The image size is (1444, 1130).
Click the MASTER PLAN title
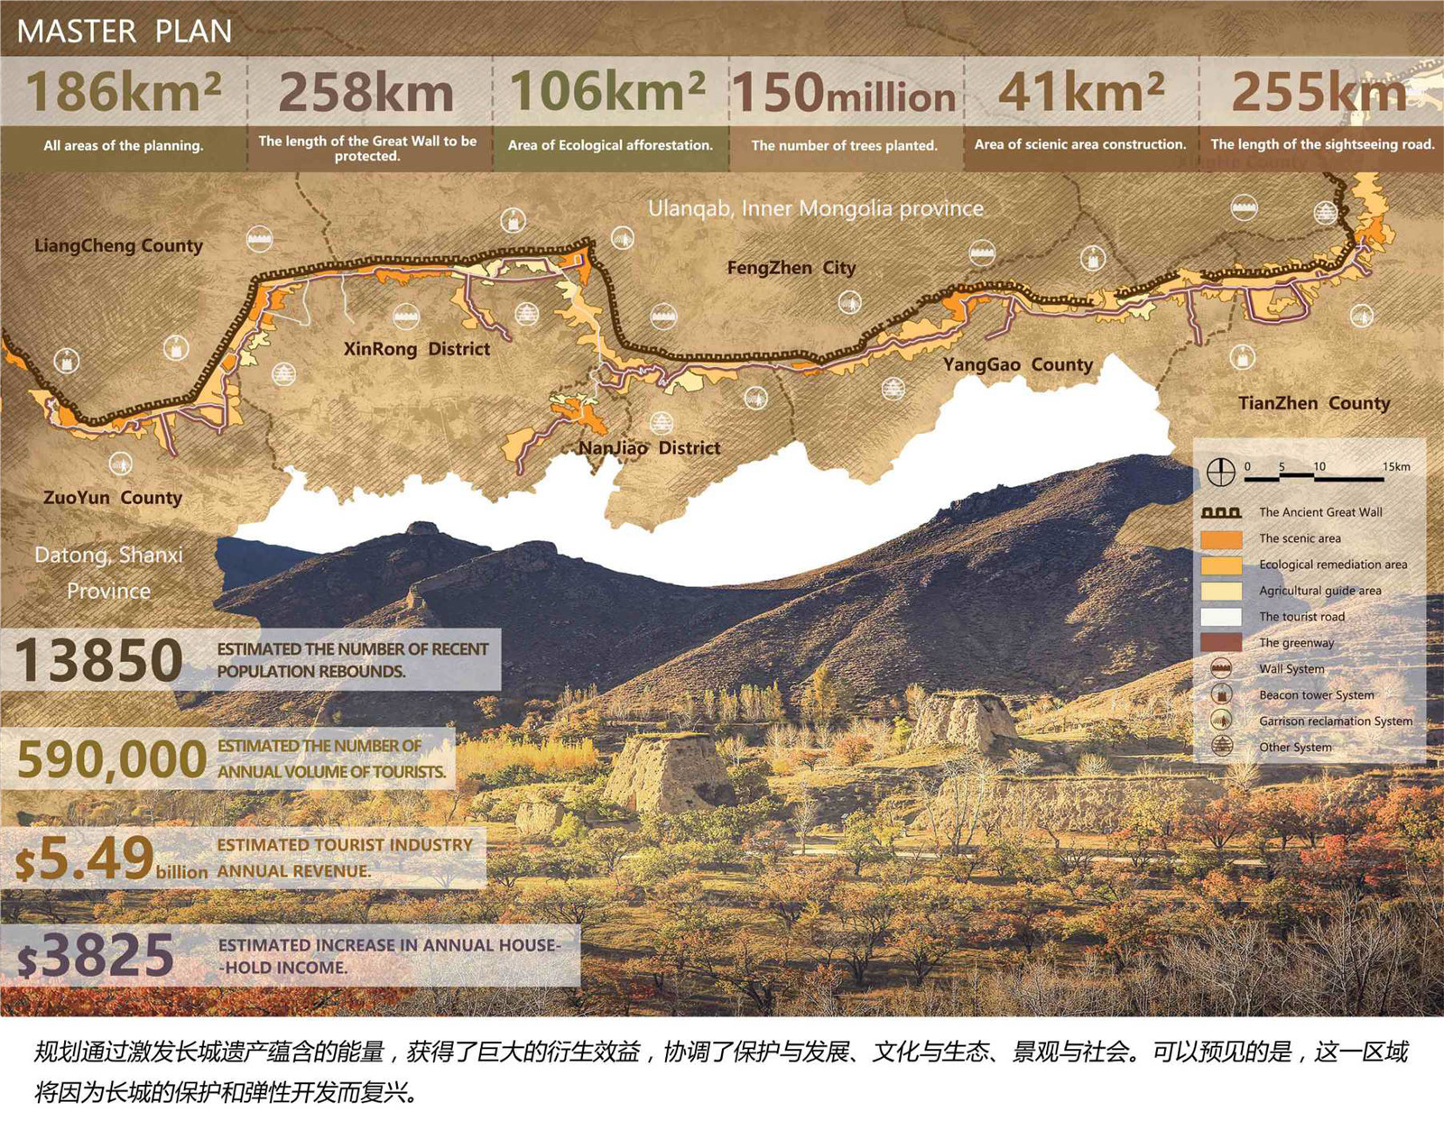(x=125, y=32)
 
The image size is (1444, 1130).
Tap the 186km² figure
(x=124, y=92)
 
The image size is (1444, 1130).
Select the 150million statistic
(x=844, y=94)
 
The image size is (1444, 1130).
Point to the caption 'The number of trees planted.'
(x=844, y=145)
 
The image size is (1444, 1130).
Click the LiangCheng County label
(x=118, y=245)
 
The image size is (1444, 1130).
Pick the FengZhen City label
(x=791, y=268)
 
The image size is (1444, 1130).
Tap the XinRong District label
(x=417, y=349)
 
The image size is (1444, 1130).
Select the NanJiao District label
(x=650, y=448)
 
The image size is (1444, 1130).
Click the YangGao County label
(x=1018, y=364)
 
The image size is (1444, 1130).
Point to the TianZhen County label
(x=1314, y=403)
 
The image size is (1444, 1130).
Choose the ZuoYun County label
(x=113, y=498)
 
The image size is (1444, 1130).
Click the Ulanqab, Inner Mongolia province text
(x=816, y=208)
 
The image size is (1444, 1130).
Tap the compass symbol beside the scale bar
(x=1221, y=471)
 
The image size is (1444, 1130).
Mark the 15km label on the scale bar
(x=1396, y=466)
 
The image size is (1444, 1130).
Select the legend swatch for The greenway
(x=1221, y=643)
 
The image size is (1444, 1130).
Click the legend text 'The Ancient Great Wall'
(x=1320, y=512)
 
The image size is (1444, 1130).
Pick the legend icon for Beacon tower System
(x=1221, y=694)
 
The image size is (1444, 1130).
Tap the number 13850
(x=99, y=660)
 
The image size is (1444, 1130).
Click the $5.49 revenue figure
(x=86, y=859)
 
